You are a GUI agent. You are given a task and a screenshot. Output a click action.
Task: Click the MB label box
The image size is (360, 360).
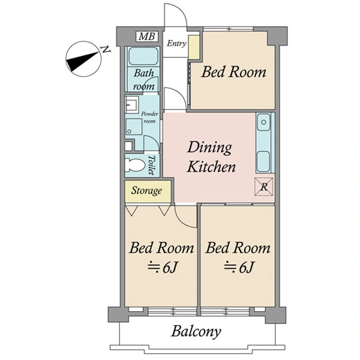click(x=147, y=37)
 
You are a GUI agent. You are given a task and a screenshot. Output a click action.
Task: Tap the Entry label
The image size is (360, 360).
click(x=176, y=43)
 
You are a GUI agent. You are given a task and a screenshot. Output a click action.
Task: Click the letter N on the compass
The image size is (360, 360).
click(x=106, y=50)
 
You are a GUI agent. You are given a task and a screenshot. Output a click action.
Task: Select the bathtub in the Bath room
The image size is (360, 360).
click(x=144, y=56)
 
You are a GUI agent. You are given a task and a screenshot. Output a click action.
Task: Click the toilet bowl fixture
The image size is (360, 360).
click(x=134, y=165)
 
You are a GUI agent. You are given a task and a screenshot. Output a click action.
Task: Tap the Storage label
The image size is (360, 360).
click(x=146, y=191)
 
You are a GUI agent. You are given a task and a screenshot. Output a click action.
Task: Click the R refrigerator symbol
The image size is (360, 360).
click(x=264, y=187)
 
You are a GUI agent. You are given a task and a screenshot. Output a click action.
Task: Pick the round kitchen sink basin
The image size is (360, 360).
click(x=263, y=122)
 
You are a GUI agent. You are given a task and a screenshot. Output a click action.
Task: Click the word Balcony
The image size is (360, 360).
click(x=196, y=332)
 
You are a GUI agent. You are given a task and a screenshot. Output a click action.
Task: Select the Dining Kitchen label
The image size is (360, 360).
click(x=211, y=157)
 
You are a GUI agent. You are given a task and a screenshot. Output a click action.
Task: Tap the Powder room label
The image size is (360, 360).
click(x=149, y=118)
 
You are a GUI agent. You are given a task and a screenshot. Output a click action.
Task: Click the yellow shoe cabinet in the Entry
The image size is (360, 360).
click(x=194, y=47)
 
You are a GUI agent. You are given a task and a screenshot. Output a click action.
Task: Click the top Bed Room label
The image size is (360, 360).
click(x=234, y=72)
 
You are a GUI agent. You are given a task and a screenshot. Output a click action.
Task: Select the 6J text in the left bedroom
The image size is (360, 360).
click(x=170, y=267)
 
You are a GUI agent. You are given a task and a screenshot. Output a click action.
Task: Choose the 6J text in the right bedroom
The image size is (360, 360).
click(x=247, y=267)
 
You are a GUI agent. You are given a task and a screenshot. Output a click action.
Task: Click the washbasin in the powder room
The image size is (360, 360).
click(x=132, y=104)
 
